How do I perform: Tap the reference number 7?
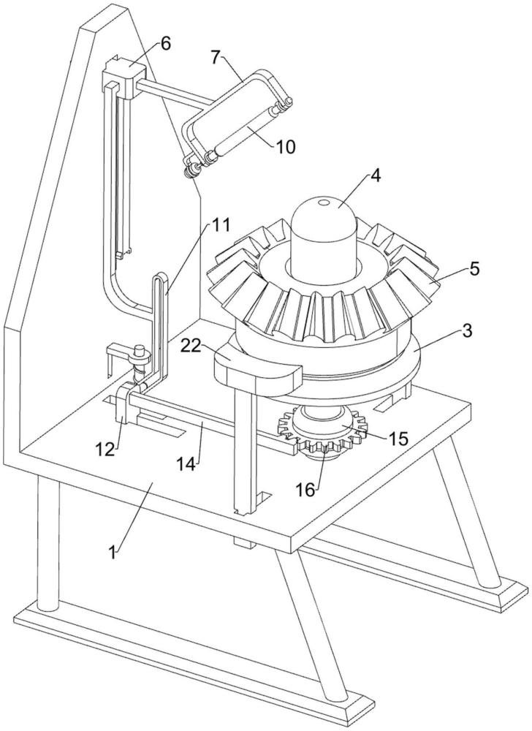click(x=215, y=57)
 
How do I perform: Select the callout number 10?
click(x=285, y=147)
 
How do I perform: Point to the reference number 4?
click(x=376, y=176)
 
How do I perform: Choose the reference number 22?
click(x=191, y=346)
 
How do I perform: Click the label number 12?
click(x=104, y=449)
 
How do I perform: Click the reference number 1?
click(x=112, y=552)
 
